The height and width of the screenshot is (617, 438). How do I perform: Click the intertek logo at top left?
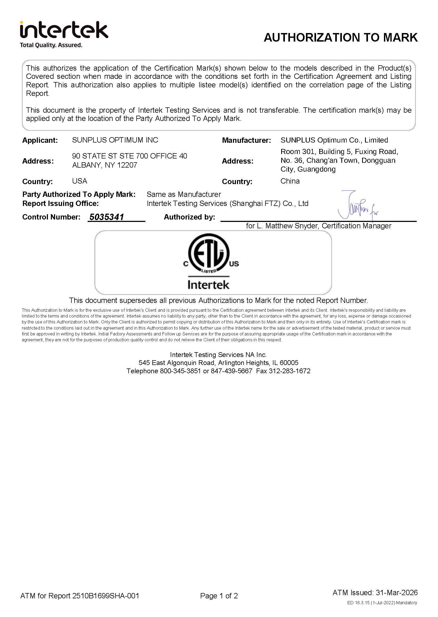[64, 30]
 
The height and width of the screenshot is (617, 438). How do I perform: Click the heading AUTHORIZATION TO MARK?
[341, 38]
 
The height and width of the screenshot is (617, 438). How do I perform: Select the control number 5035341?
[107, 217]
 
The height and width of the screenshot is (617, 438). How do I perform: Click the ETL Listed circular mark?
[209, 254]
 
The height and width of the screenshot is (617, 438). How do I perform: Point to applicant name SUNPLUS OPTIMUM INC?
[115, 140]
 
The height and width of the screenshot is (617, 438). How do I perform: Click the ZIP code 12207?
[127, 165]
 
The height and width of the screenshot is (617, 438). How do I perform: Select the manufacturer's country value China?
[290, 181]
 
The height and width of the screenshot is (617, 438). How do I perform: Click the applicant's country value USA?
[80, 181]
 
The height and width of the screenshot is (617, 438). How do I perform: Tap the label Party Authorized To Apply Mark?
[79, 194]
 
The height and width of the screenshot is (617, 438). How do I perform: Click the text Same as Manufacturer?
[184, 194]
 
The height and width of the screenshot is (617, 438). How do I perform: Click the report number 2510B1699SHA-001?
[105, 596]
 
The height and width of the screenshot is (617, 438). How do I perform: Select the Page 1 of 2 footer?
[219, 596]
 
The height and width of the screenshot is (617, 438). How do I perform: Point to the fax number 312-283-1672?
[289, 371]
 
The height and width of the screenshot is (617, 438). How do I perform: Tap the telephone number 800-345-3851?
[180, 371]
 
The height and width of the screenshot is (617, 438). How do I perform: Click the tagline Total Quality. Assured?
[51, 45]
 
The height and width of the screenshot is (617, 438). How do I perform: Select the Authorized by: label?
[189, 217]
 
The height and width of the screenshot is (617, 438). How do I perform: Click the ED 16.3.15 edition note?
[382, 603]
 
